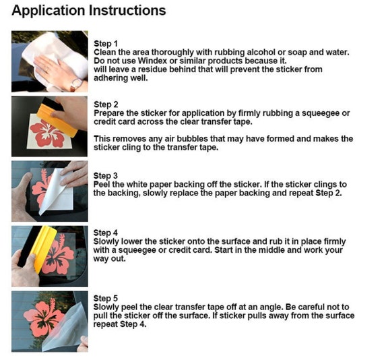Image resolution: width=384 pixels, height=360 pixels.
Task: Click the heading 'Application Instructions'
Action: pyautogui.click(x=89, y=11)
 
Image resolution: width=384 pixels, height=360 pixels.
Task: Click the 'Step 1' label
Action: pyautogui.click(x=106, y=44)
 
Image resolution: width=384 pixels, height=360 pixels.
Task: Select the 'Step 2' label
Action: pyautogui.click(x=106, y=104)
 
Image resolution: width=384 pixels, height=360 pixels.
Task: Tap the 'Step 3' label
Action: pyautogui.click(x=106, y=176)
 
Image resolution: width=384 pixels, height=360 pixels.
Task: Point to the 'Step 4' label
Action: pyautogui.click(x=106, y=233)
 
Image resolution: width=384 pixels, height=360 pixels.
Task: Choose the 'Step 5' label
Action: pyautogui.click(x=106, y=299)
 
